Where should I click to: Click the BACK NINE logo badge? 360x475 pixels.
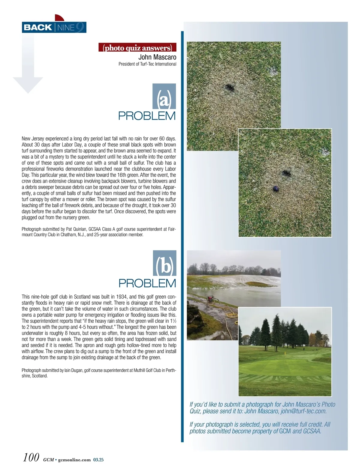pos(54,27)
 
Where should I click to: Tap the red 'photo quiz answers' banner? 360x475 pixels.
pos(137,48)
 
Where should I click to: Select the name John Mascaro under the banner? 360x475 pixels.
pos(157,57)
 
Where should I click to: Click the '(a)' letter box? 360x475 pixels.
pos(164,96)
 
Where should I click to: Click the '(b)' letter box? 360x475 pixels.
pos(165,263)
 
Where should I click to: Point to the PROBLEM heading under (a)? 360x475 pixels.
pos(147,116)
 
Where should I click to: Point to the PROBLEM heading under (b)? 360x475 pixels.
pos(147,283)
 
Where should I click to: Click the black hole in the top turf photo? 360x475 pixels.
pos(229,88)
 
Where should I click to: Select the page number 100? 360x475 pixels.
pos(31,457)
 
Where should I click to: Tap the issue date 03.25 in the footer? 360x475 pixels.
pos(98,460)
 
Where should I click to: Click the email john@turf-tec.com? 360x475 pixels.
pos(304,411)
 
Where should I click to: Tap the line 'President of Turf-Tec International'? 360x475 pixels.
pos(147,64)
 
